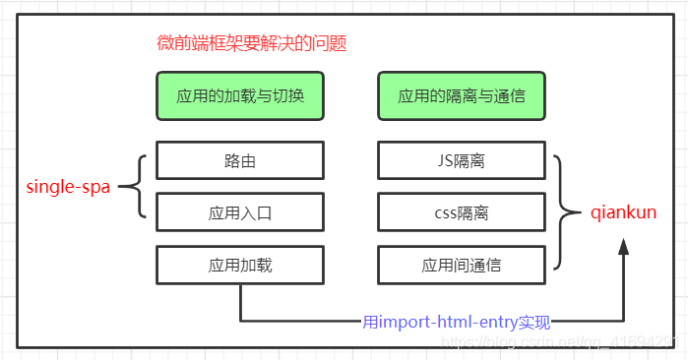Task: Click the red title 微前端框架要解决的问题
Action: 252,44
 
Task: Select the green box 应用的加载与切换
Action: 239,96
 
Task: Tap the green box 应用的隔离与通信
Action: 461,96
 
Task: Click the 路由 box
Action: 239,160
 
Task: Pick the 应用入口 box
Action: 239,211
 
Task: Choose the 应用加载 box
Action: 239,264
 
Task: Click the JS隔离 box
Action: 461,160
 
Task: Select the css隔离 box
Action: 461,211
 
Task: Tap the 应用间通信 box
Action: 461,264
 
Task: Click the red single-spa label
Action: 67,187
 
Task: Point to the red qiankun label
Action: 623,211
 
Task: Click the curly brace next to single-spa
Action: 139,186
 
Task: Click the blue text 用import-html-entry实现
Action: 457,322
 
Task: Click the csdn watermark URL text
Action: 561,340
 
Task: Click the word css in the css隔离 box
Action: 445,211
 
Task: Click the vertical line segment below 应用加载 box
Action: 239,300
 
